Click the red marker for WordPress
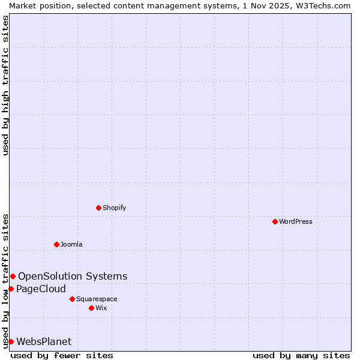pyautogui.click(x=275, y=221)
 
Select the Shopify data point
pyautogui.click(x=98, y=208)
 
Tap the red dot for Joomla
pyautogui.click(x=56, y=244)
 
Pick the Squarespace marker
pyautogui.click(x=72, y=299)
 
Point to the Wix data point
pyautogui.click(x=91, y=308)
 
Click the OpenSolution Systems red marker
pyautogui.click(x=13, y=276)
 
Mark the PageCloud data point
pyautogui.click(x=11, y=289)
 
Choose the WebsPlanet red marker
pyautogui.click(x=11, y=341)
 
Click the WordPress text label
pyautogui.click(x=296, y=221)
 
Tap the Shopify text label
pyautogui.click(x=115, y=208)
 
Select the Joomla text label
pyautogui.click(x=71, y=244)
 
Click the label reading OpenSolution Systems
pyautogui.click(x=73, y=276)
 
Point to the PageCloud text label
pyautogui.click(x=41, y=289)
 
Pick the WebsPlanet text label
pyautogui.click(x=44, y=341)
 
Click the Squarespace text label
pyautogui.click(x=97, y=299)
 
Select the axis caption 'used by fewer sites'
pyautogui.click(x=62, y=355)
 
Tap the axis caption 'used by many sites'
pyautogui.click(x=301, y=355)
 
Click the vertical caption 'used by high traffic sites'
pyautogui.click(x=5, y=85)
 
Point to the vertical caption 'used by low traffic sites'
pyautogui.click(x=5, y=281)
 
